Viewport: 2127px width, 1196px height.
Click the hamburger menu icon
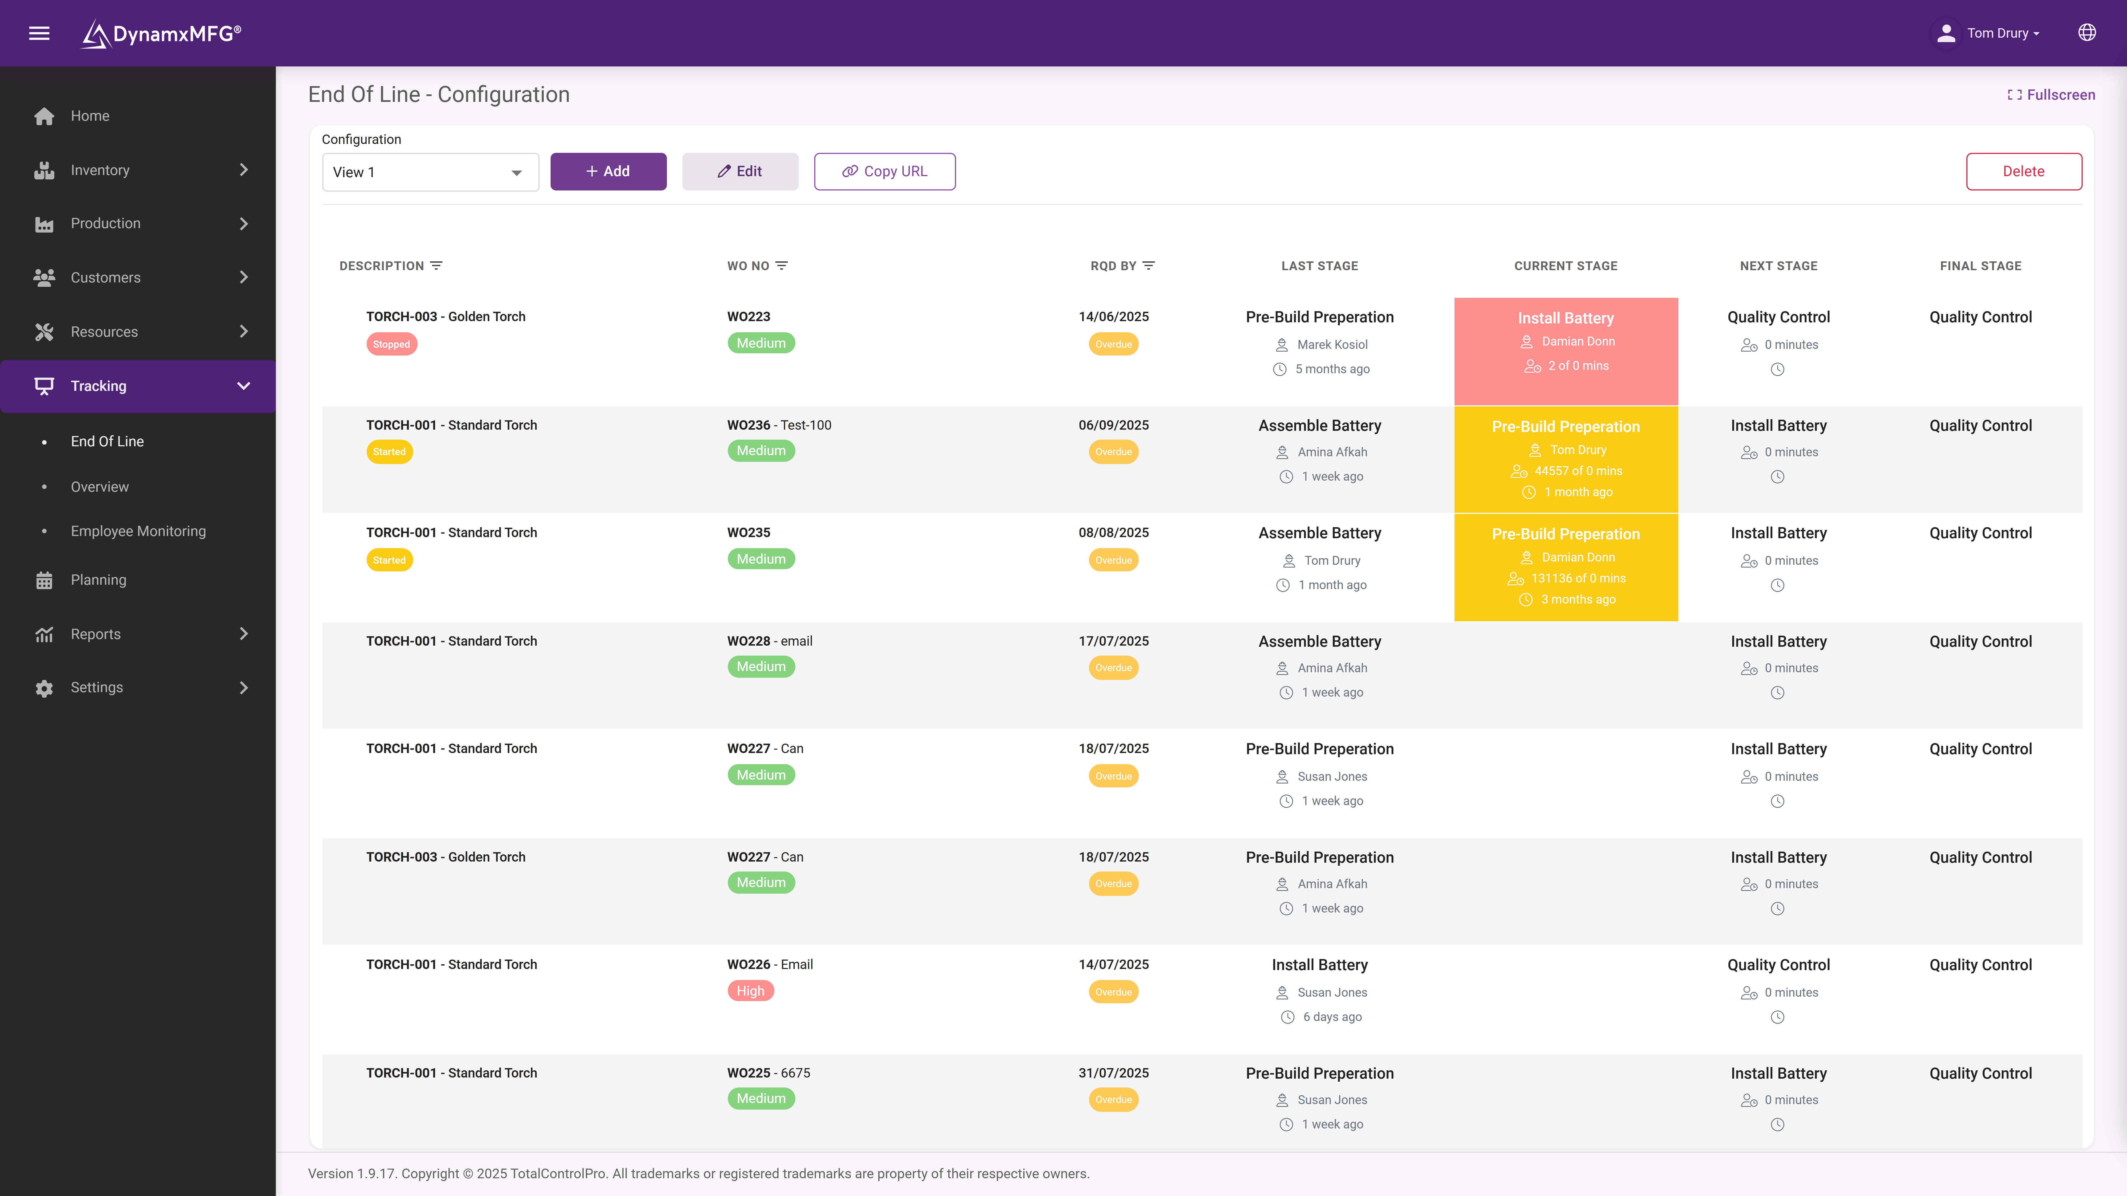39,33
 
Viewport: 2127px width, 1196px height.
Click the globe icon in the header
2087,33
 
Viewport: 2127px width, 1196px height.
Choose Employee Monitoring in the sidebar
138,531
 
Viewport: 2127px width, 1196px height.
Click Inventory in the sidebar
100,170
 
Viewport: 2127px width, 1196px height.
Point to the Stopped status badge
391,344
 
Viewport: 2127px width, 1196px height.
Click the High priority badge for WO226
750,991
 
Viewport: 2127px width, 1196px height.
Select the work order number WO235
748,532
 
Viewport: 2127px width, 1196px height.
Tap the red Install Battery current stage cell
1566,351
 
